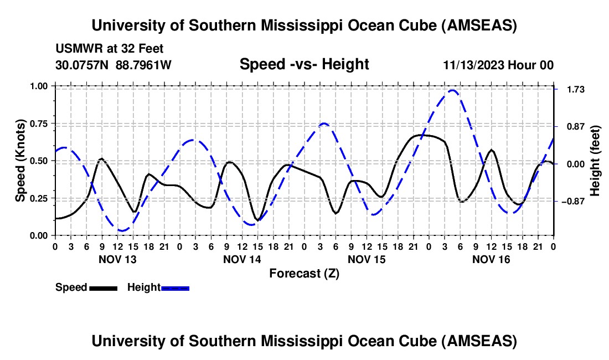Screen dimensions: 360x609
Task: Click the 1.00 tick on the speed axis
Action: (x=42, y=86)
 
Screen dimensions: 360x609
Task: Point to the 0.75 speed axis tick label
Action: (x=42, y=124)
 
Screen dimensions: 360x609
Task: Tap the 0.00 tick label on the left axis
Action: (x=42, y=235)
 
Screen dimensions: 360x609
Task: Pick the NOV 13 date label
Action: (x=117, y=259)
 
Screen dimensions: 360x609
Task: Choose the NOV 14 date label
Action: (x=242, y=259)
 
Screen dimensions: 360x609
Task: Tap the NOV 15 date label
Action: (x=367, y=259)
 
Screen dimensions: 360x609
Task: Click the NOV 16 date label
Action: (x=491, y=259)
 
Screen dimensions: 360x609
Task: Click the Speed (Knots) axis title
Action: (x=20, y=161)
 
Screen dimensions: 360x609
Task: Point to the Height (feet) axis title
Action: (x=595, y=161)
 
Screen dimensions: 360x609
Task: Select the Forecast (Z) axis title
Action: (x=304, y=273)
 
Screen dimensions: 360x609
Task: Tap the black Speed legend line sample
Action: (x=103, y=287)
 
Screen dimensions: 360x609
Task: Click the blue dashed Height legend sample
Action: (x=176, y=287)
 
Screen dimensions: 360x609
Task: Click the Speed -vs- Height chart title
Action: (x=304, y=64)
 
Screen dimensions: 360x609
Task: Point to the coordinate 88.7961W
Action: (x=144, y=65)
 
